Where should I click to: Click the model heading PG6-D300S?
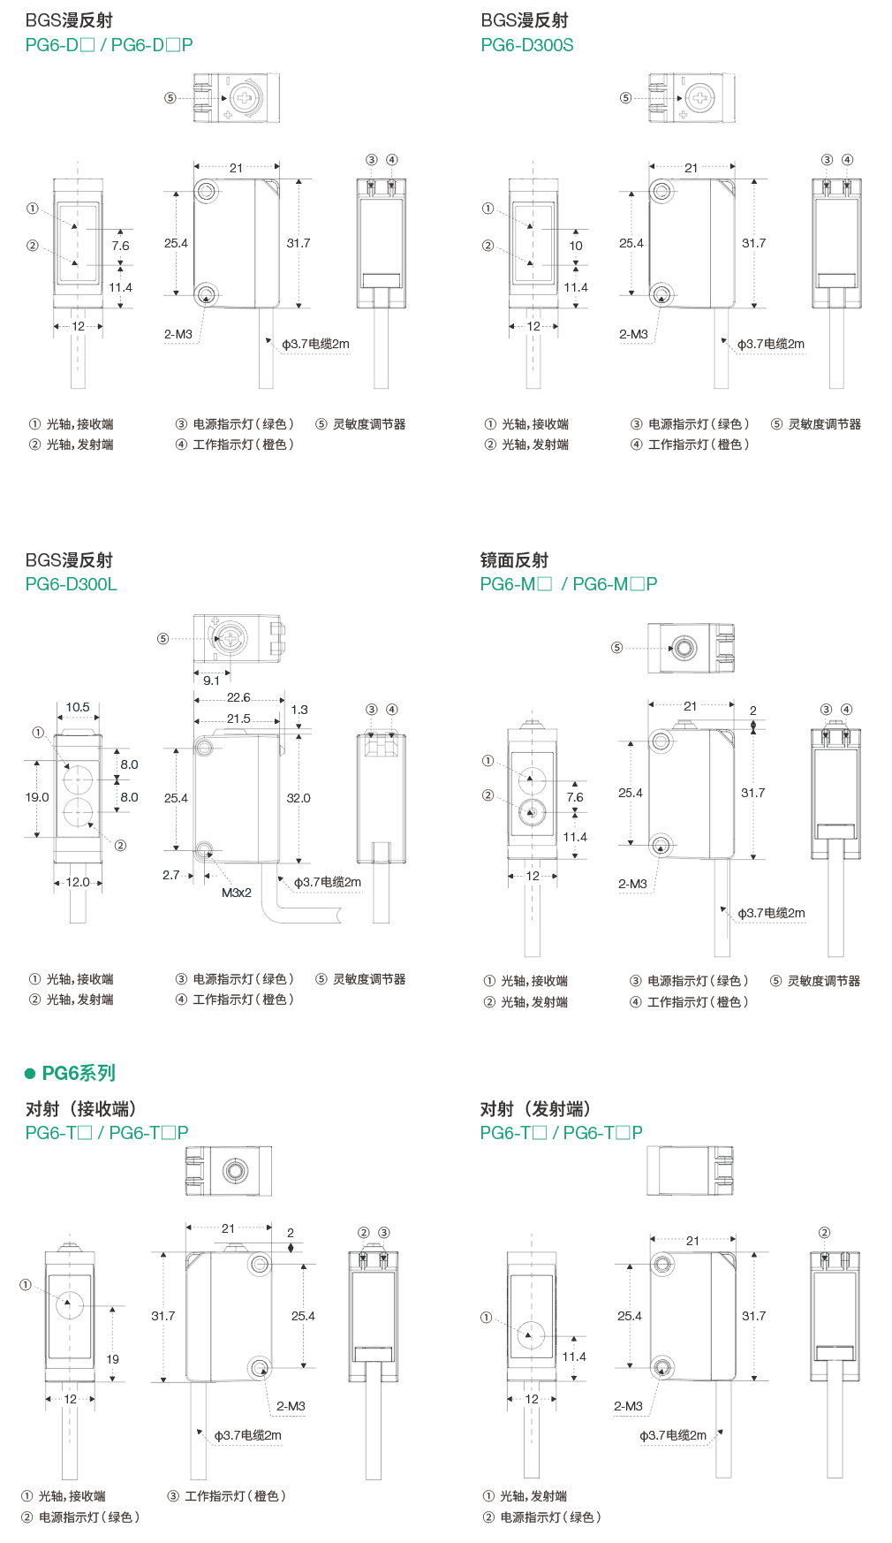coord(526,45)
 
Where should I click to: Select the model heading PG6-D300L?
coord(71,584)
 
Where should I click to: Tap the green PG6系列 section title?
coord(79,1073)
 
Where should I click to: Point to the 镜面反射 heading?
coord(514,560)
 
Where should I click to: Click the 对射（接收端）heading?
coord(80,1109)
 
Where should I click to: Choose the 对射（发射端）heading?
coord(535,1109)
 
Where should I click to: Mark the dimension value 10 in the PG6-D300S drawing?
coord(576,246)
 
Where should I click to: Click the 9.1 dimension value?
coord(211,680)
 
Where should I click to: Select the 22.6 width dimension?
coord(238,697)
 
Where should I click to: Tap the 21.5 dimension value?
coord(238,718)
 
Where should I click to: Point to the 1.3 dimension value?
coord(299,710)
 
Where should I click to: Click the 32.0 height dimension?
coord(299,798)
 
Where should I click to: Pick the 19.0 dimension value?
coord(37,797)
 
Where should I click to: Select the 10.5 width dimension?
coord(78,707)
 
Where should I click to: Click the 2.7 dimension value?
coord(171,875)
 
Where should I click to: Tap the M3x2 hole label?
coord(236,893)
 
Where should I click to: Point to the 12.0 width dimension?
coord(78,882)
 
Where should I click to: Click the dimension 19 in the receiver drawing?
coord(112,1359)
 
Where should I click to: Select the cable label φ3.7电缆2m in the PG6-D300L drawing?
coord(328,882)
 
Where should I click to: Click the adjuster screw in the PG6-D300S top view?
coord(699,98)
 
